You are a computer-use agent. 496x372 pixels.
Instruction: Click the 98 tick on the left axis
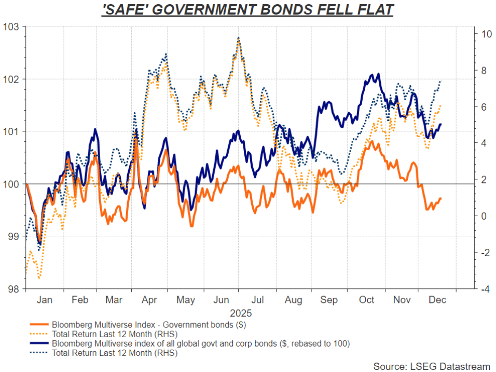[12, 289]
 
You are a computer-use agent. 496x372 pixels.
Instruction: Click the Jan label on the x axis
[45, 300]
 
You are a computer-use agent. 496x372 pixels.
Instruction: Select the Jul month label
[257, 300]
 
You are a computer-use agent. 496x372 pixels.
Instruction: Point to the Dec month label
[436, 300]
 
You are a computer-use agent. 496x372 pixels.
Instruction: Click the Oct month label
[367, 300]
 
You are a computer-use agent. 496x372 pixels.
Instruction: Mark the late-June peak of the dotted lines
[238, 38]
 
